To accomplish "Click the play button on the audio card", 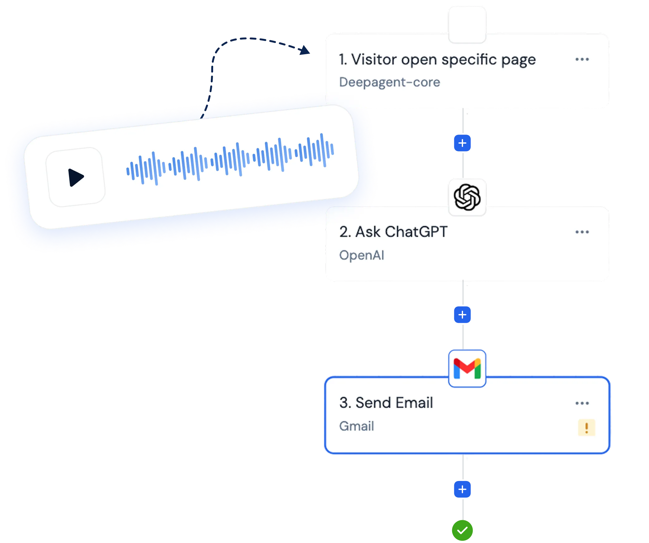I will [76, 177].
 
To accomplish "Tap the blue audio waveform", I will [230, 159].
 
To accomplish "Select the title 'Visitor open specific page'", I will [437, 60].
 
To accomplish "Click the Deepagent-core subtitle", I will [389, 82].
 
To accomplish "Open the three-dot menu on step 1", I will [582, 59].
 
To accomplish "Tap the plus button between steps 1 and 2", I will [462, 143].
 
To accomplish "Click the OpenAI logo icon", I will [467, 197].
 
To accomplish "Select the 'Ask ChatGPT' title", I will [393, 232].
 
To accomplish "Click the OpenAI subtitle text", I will [361, 255].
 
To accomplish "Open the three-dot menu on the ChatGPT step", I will [582, 232].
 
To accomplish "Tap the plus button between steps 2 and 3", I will [462, 315].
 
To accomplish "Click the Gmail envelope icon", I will [467, 369].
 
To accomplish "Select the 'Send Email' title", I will [386, 403].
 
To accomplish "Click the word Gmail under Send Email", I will [356, 426].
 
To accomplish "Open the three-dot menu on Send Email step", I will [582, 403].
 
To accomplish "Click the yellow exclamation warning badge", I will [586, 427].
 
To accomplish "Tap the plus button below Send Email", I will [462, 489].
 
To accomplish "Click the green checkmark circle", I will [462, 530].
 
